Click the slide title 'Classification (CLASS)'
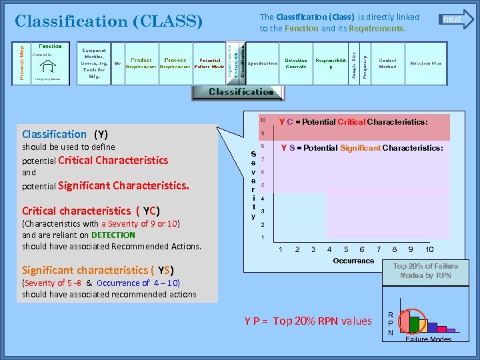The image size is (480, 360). click(109, 21)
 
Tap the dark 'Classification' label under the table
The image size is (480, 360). click(241, 92)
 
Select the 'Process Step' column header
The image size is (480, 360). click(21, 64)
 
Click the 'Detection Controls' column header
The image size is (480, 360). click(296, 63)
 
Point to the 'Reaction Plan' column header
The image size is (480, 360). click(425, 63)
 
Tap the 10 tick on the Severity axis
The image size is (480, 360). click(263, 120)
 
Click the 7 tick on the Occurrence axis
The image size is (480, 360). click(379, 249)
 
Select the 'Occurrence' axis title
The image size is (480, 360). click(353, 261)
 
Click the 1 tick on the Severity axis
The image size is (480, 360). click(263, 237)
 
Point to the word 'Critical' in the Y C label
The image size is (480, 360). click(351, 122)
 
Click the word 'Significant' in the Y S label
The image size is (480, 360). click(360, 148)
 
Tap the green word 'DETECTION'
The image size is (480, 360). click(113, 235)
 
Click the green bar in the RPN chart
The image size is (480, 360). click(414, 324)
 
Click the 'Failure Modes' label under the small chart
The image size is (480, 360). click(428, 339)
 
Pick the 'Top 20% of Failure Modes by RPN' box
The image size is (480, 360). click(425, 270)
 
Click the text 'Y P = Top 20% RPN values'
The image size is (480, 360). click(308, 321)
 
